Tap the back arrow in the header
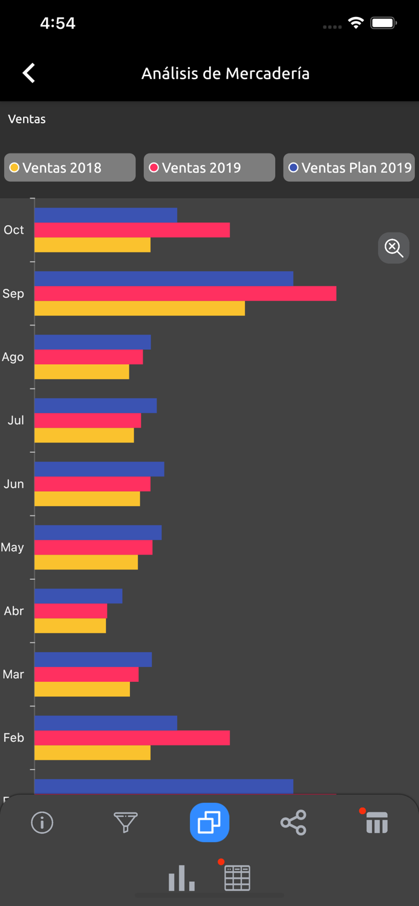(28, 73)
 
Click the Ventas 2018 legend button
(70, 167)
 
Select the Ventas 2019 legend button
(209, 167)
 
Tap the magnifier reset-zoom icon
(394, 248)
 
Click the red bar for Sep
(185, 294)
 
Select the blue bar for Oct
(106, 215)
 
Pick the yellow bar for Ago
(82, 372)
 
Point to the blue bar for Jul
(96, 405)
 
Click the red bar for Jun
(93, 484)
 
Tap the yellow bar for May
(86, 562)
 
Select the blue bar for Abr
(79, 596)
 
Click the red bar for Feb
(132, 737)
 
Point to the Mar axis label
(13, 674)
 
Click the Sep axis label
(13, 294)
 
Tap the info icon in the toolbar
(42, 822)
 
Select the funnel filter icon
(126, 822)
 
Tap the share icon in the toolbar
(293, 822)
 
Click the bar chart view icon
(181, 878)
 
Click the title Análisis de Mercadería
(226, 73)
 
